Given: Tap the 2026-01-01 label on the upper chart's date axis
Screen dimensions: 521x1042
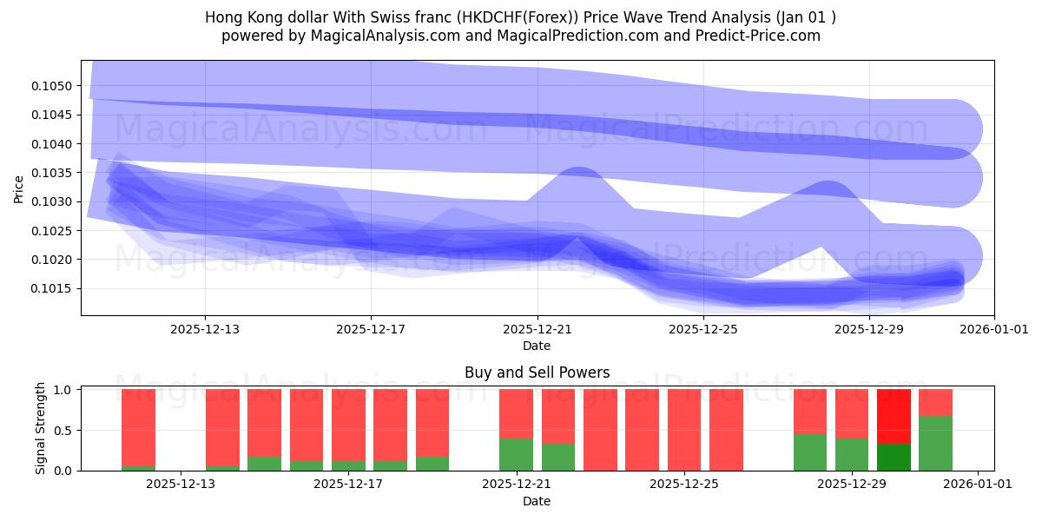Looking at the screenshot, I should [994, 329].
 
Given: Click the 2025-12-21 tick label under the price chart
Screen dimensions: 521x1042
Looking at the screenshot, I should [537, 329].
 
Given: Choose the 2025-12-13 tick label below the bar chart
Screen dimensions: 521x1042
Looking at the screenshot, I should [181, 485].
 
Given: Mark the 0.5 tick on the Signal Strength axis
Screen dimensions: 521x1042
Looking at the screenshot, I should [65, 431].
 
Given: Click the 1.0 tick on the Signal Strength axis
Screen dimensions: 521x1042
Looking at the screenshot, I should [65, 390].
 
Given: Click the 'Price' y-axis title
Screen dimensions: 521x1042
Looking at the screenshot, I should [19, 188].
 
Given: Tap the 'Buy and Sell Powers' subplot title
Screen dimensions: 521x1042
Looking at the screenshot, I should [537, 373].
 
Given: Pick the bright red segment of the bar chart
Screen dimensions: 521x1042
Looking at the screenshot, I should [894, 416].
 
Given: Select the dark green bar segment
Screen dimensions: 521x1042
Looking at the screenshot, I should [894, 457].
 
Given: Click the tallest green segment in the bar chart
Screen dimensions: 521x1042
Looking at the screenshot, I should [935, 443].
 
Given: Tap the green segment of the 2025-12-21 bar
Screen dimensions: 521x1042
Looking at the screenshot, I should [516, 454].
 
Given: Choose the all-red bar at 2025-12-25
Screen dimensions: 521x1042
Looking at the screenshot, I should [684, 430].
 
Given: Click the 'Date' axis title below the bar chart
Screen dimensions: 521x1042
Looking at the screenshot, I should [536, 501].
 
